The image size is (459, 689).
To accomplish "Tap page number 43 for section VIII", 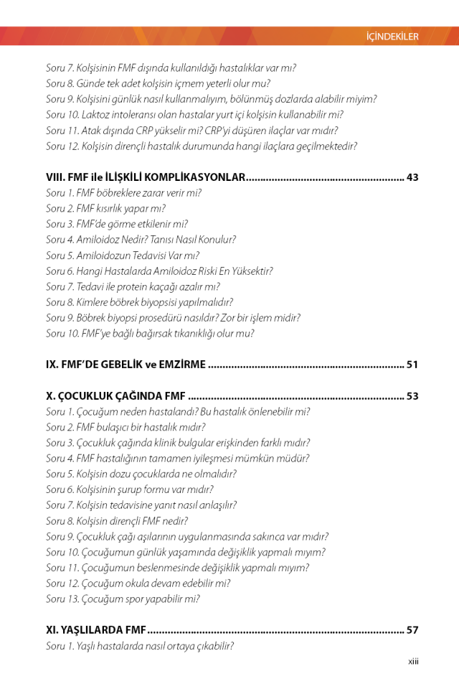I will (412, 177).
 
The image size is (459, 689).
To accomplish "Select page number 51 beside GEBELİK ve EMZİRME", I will (412, 365).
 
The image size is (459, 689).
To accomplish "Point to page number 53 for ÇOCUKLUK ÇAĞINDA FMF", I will (412, 395).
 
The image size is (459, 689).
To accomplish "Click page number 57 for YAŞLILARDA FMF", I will (412, 630).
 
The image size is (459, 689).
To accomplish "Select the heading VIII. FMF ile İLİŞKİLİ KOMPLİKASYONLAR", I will (146, 177).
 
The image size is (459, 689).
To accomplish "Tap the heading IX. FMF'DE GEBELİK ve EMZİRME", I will (126, 365).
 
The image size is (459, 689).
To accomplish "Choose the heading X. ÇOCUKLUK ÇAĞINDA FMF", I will (115, 395).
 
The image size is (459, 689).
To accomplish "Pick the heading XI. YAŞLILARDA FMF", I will (96, 630).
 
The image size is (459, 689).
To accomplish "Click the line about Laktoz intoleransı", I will (194, 115).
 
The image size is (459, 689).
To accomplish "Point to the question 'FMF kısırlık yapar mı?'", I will (105, 209).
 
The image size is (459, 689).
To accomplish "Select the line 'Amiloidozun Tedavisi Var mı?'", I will (123, 256).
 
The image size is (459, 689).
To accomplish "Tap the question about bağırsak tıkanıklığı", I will (150, 334).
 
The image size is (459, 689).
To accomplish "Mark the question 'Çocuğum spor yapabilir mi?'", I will (123, 599).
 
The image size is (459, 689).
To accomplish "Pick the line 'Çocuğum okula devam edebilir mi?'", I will (138, 583).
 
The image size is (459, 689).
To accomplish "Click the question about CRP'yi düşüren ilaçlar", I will (191, 131).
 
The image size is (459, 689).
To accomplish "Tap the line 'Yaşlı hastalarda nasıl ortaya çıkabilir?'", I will (140, 646).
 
